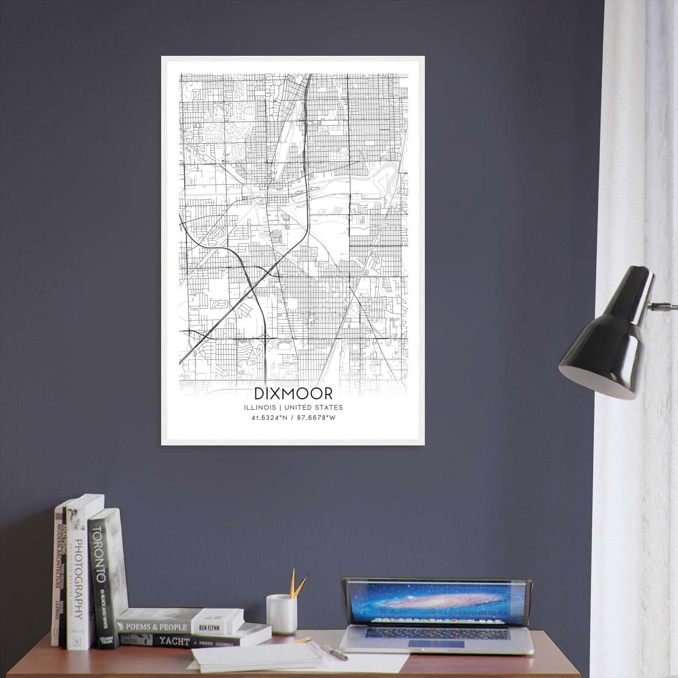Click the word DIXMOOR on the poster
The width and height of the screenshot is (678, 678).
pos(293,394)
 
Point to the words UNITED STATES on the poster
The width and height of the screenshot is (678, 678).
pos(314,408)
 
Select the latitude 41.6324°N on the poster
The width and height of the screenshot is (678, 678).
pos(270,418)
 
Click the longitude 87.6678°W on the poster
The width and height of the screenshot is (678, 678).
pos(317,418)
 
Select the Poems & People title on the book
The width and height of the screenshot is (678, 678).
pos(157,627)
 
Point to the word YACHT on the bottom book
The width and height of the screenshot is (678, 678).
pos(174,641)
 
